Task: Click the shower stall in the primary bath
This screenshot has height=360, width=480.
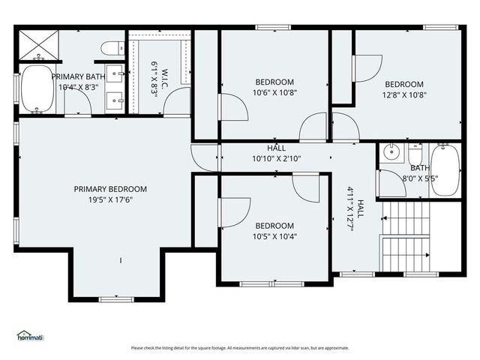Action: pos(33,46)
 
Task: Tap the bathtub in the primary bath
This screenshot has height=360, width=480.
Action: pos(34,90)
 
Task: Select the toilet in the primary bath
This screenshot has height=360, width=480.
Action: pos(110,49)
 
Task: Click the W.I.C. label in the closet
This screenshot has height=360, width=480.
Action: pos(165,75)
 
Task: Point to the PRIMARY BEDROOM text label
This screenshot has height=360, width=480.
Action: pos(110,189)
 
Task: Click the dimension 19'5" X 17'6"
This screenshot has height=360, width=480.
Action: pos(110,200)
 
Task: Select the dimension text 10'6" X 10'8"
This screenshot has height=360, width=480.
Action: pos(274,93)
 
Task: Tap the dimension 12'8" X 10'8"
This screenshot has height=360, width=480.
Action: pos(404,95)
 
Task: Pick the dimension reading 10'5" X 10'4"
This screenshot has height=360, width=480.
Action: pos(274,237)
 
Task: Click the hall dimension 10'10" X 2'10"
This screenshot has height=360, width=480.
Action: pos(276,159)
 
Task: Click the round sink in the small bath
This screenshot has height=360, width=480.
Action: pos(391,152)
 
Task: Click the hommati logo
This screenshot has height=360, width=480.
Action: pos(30,337)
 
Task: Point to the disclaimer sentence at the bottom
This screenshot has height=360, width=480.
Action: pos(240,348)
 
